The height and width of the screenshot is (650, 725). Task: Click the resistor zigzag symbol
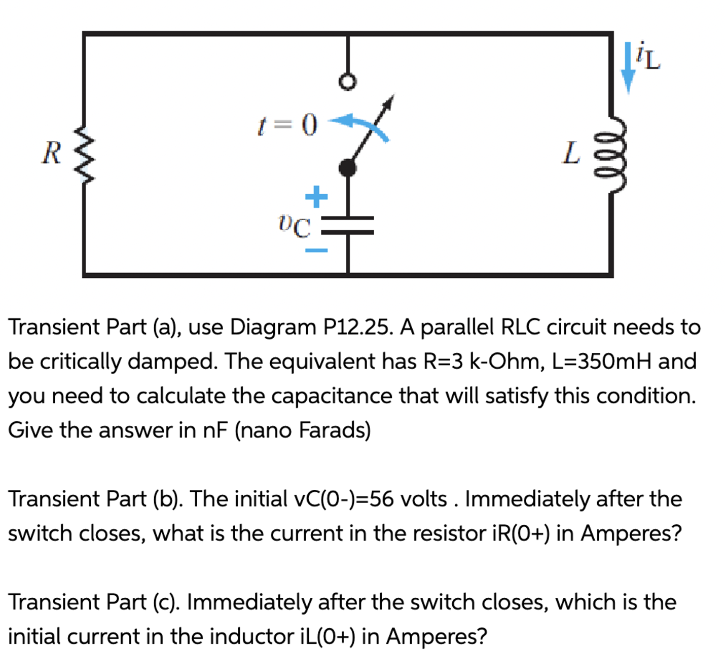point(84,155)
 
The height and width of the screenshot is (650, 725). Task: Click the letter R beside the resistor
point(51,153)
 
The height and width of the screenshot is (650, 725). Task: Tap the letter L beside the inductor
point(571,153)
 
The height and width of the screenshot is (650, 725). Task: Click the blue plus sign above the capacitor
point(316,197)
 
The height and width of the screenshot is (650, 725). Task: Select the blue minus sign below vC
point(316,250)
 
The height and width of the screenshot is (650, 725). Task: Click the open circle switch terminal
point(347,82)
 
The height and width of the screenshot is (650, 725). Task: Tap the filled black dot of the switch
point(347,167)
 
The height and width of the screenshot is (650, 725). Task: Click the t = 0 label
point(287,125)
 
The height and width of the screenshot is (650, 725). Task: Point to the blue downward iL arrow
point(628,68)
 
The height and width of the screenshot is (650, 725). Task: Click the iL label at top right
point(648,57)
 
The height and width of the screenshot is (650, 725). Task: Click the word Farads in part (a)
point(335,430)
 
